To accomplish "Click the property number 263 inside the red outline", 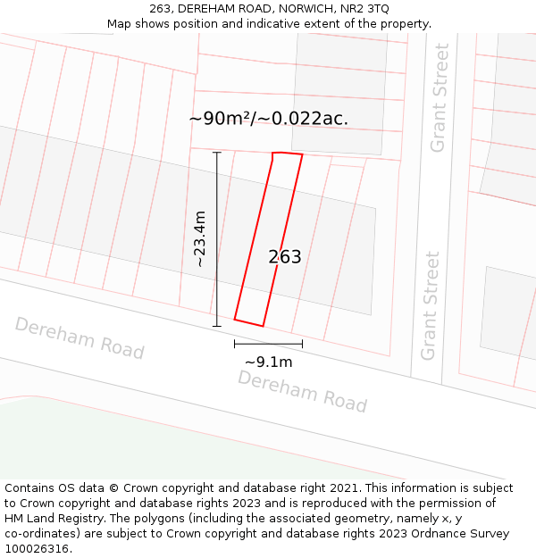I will tap(285, 257).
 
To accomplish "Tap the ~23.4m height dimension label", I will tap(200, 239).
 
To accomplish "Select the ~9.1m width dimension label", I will tap(268, 362).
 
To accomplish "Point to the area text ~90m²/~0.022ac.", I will tap(268, 118).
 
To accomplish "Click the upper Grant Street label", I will tap(439, 97).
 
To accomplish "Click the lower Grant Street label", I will tap(431, 305).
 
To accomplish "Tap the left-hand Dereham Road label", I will tap(80, 338).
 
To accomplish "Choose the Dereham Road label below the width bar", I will tap(302, 391).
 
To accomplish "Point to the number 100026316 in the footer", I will tap(36, 549).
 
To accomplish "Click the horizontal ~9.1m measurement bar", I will tap(268, 343).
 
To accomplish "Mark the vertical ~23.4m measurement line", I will tap(217, 239).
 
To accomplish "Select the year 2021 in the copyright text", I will tap(344, 488).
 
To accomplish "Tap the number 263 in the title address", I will tap(161, 9).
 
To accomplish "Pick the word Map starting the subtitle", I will tap(121, 24).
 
